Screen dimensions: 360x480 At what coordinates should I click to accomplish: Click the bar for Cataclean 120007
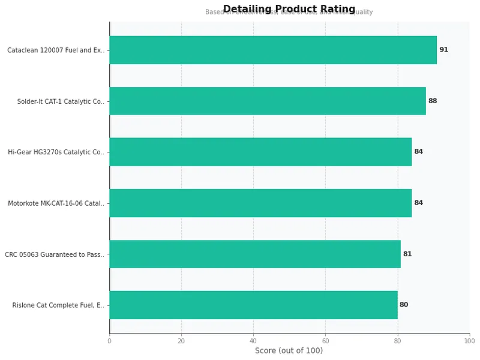(273, 50)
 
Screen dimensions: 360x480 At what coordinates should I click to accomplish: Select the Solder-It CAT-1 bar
(268, 101)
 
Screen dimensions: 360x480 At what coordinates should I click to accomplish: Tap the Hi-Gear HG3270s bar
(260, 152)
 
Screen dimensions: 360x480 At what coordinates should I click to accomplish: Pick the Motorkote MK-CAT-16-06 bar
(260, 203)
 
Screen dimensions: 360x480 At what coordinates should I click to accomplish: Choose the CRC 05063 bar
(255, 254)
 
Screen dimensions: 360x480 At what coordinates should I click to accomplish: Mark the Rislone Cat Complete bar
(253, 305)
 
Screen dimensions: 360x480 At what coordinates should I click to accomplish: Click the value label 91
(443, 50)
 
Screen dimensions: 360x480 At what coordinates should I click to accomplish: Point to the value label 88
(433, 101)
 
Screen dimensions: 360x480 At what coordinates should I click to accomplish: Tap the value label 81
(407, 254)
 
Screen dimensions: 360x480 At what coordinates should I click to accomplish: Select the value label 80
(404, 305)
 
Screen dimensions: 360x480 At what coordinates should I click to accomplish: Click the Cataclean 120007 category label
(56, 50)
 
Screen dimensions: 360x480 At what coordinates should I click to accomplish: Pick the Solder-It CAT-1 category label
(61, 101)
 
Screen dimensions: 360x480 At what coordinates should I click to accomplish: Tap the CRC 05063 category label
(55, 254)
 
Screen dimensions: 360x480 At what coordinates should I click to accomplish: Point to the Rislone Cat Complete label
(58, 305)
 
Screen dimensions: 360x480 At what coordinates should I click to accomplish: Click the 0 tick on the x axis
(109, 341)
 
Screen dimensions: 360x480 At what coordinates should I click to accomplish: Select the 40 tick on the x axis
(253, 341)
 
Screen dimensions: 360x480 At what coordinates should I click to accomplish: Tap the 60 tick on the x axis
(325, 341)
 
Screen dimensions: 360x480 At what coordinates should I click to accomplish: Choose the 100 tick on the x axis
(469, 341)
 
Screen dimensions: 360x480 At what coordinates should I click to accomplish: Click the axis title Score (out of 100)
(289, 351)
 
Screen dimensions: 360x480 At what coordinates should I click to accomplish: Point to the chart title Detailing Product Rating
(289, 9)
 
